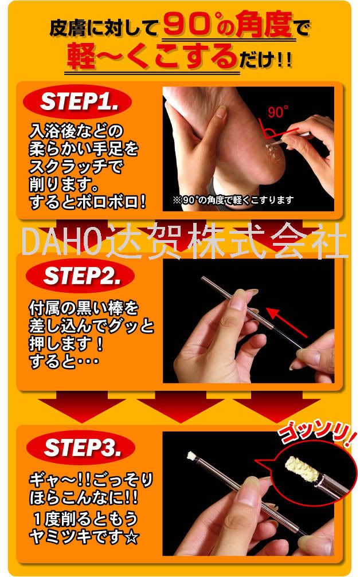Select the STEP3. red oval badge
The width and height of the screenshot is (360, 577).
tap(80, 448)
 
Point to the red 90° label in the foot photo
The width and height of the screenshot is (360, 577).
tap(278, 112)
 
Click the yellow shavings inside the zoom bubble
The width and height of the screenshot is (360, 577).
tap(302, 468)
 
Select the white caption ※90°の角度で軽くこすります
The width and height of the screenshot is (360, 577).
tap(233, 200)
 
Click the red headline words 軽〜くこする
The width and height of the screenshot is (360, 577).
tap(152, 57)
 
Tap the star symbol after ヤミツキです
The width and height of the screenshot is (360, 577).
tap(131, 537)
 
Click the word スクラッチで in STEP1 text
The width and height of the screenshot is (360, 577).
tap(76, 167)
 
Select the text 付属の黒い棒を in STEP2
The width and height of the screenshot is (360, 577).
tap(84, 308)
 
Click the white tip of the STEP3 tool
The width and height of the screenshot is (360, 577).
tap(191, 456)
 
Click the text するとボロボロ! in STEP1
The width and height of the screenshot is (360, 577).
tap(88, 202)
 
